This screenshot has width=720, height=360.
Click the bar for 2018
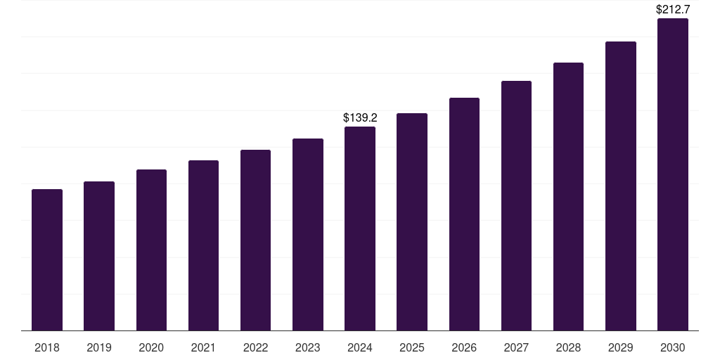[x=47, y=260]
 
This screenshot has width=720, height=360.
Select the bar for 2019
[x=99, y=256]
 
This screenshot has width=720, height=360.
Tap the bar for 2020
[x=151, y=250]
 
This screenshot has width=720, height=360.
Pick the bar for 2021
[x=203, y=245]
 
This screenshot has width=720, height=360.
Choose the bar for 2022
[x=255, y=240]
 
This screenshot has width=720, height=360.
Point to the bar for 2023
[x=308, y=235]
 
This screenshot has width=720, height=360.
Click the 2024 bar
[x=360, y=229]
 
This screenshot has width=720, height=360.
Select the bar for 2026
[x=464, y=214]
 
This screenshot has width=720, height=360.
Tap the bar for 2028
[x=568, y=197]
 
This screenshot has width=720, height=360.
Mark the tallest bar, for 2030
[x=673, y=174]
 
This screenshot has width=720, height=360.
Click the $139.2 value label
[x=360, y=117]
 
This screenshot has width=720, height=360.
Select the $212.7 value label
[x=673, y=10]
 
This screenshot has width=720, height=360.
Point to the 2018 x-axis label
[x=47, y=347]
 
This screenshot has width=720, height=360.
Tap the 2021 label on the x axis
[x=203, y=347]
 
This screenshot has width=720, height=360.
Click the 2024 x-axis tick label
[x=360, y=347]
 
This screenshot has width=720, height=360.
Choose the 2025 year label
[x=412, y=347]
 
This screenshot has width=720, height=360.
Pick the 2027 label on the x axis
[x=516, y=347]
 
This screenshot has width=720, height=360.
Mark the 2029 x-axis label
[x=621, y=347]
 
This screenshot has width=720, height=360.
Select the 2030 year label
[x=673, y=347]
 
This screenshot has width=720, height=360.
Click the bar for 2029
[x=621, y=186]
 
